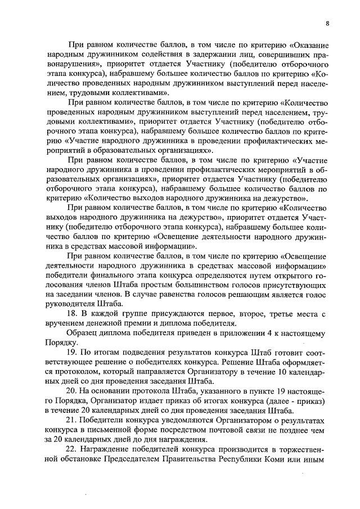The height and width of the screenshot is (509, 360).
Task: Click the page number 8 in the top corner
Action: click(327, 23)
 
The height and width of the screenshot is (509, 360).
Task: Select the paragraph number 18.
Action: click(72, 313)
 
